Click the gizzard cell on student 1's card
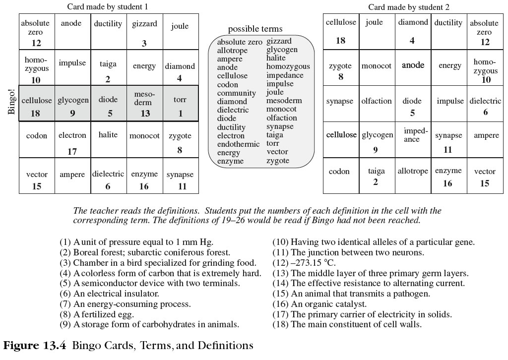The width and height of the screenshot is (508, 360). [144, 31]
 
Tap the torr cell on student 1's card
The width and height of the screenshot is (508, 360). [180, 104]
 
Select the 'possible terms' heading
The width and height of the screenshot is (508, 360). [255, 29]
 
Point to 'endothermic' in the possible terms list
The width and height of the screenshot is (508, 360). [238, 144]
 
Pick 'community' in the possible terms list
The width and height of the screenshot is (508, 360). [237, 93]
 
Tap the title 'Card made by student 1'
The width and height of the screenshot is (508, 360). [107, 7]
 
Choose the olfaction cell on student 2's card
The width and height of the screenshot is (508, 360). [377, 101]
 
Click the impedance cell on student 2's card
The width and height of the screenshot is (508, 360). [412, 135]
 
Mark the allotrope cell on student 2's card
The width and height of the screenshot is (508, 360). [412, 171]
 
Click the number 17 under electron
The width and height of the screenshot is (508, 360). [72, 152]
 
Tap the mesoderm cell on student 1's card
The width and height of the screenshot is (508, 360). [144, 104]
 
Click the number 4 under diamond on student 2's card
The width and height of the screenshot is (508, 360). [412, 41]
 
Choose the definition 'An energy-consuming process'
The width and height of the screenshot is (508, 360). [131, 304]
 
